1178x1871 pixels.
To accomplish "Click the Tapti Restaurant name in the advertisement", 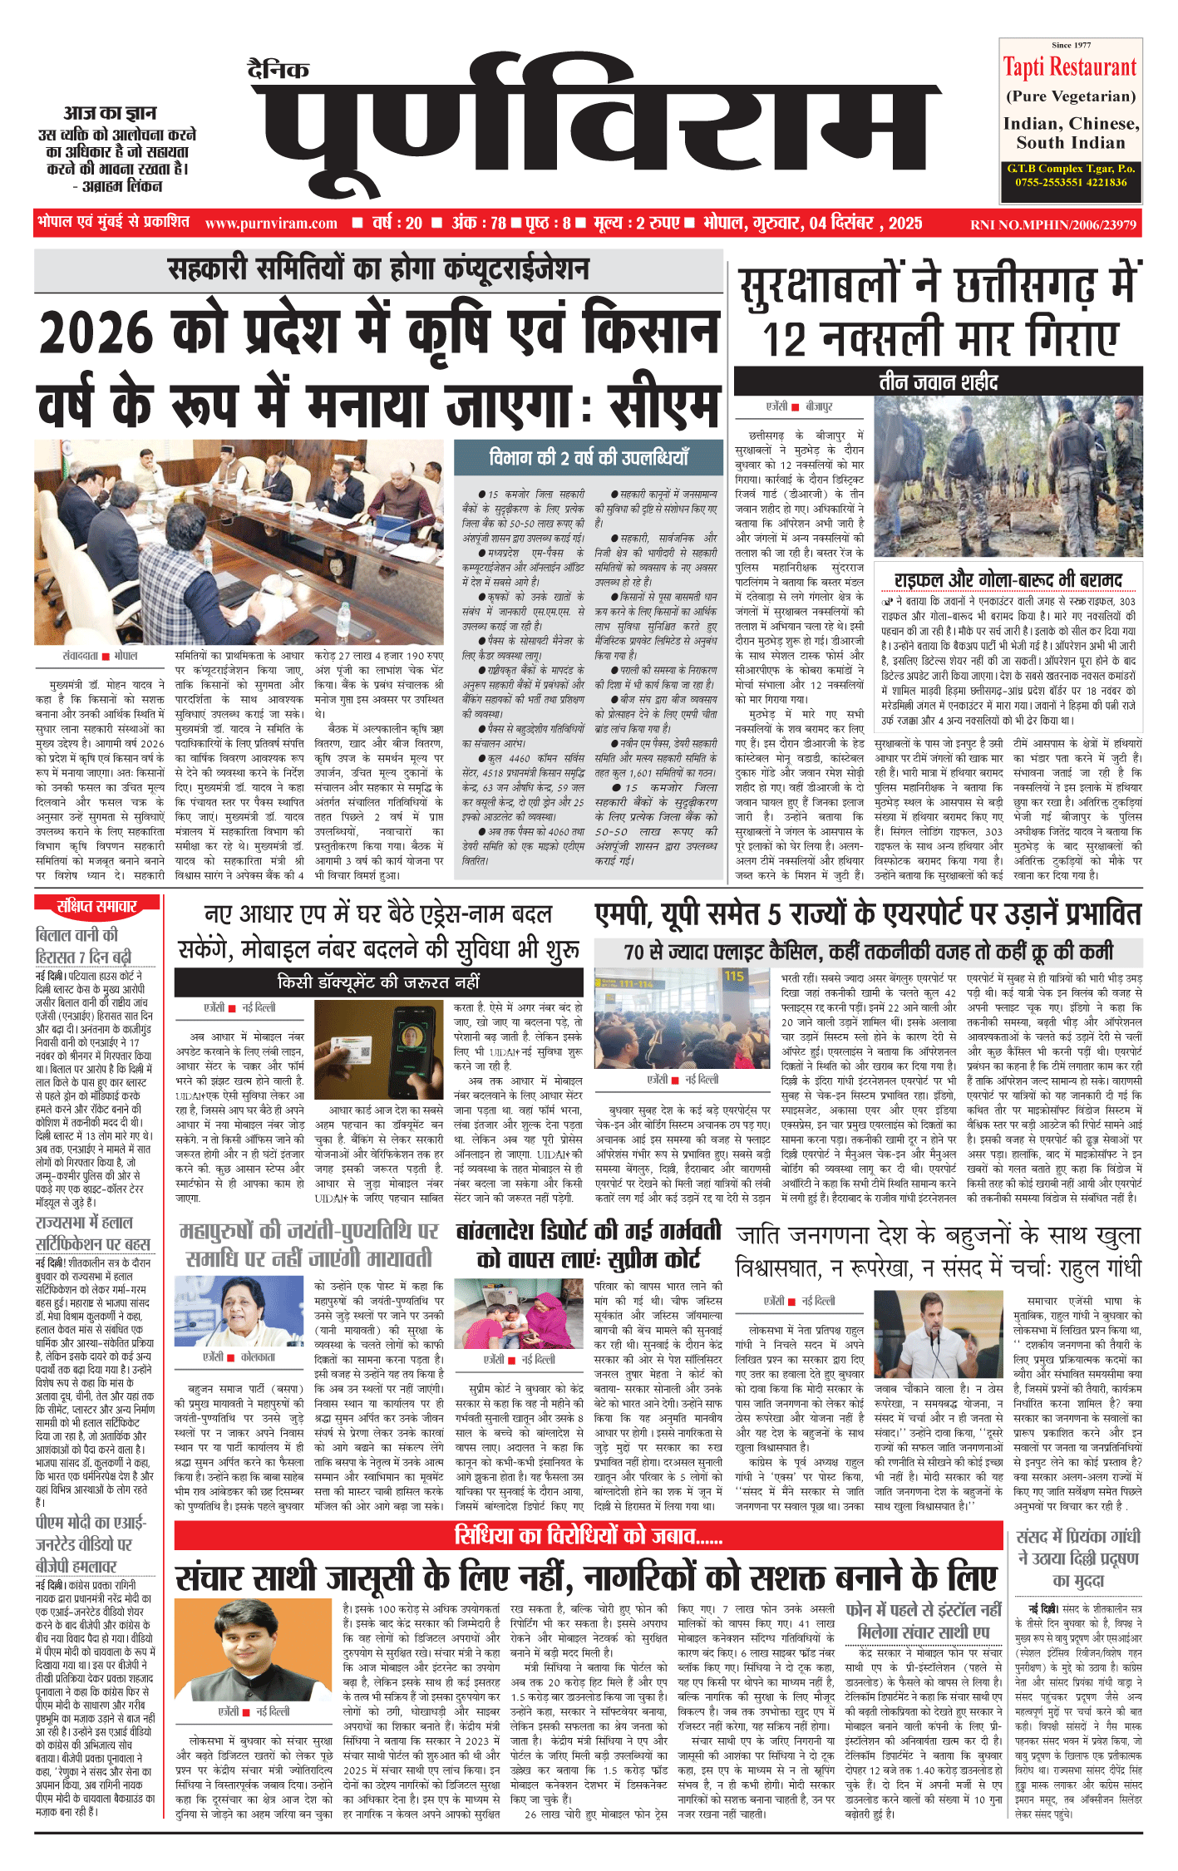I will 1069,67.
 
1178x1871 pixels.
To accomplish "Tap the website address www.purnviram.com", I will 271,224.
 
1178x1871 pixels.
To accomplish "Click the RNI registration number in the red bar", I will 1052,224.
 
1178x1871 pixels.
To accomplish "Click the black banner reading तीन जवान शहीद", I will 938,382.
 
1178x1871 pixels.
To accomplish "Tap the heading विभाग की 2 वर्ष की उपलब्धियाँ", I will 588,457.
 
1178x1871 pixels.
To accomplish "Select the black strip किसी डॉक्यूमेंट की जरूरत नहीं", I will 378,982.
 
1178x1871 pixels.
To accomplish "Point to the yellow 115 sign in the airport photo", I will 734,976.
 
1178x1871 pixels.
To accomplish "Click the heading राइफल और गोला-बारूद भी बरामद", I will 1008,579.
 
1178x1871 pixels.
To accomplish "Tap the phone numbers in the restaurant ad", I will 1071,182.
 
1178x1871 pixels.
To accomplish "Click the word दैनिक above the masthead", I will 278,71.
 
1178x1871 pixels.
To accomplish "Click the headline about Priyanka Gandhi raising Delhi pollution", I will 1078,1558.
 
